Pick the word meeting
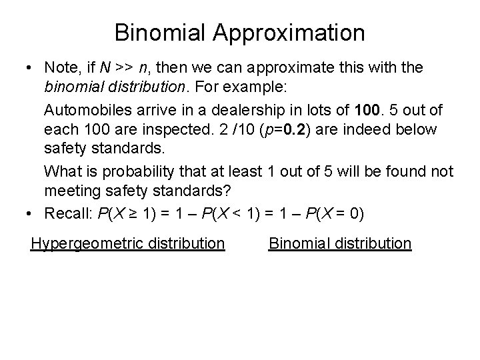tap(71, 191)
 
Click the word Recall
tap(68, 213)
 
